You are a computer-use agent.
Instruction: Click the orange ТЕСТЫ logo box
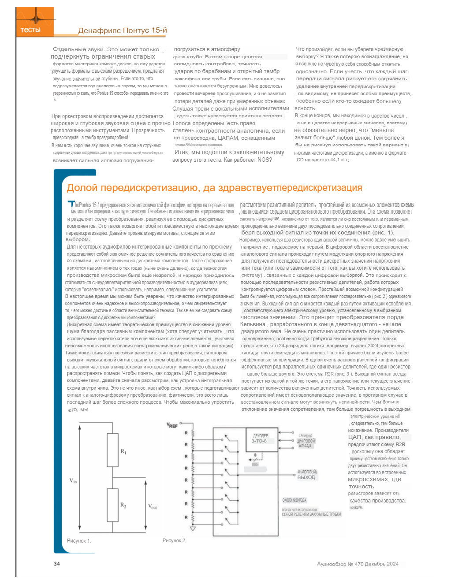(x=35, y=22)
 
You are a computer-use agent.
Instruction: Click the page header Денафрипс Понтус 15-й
(x=123, y=30)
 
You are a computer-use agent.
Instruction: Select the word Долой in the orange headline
(x=82, y=188)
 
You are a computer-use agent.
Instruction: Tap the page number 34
(x=57, y=564)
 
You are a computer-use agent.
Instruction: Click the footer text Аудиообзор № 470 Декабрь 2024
(x=358, y=564)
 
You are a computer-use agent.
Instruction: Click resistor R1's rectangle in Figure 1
(x=112, y=450)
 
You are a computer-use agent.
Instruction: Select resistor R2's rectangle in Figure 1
(x=112, y=505)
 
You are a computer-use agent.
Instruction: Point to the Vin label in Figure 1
(x=73, y=480)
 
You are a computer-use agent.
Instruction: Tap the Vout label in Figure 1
(x=152, y=506)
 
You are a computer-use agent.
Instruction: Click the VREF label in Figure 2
(x=172, y=425)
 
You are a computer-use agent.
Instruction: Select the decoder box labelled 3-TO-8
(x=260, y=439)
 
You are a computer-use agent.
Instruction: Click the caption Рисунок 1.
(x=79, y=541)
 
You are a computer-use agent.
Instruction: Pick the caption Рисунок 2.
(x=174, y=541)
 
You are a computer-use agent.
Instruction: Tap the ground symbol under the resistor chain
(x=193, y=528)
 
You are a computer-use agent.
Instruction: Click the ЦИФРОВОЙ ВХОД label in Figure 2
(x=305, y=443)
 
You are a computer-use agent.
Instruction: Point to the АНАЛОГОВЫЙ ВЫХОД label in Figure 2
(x=306, y=475)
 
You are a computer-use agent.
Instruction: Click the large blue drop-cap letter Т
(x=71, y=205)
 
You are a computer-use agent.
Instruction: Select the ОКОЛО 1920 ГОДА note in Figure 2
(x=294, y=500)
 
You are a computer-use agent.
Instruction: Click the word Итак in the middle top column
(x=181, y=153)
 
